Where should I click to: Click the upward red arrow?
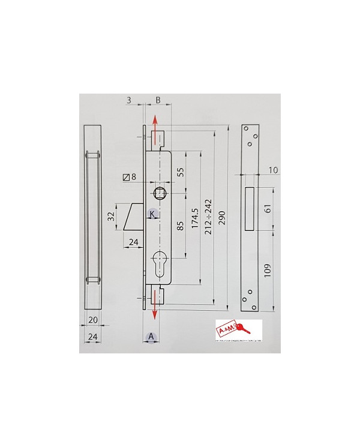[155, 128]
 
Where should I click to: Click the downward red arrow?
[155, 304]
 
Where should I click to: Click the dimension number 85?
[179, 227]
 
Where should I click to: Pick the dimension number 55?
[179, 172]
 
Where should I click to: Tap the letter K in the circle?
[152, 214]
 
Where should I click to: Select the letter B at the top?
[158, 100]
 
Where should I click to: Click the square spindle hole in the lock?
[161, 193]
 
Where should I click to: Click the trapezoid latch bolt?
[133, 217]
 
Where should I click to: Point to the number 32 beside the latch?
[110, 217]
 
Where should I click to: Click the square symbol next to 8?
[125, 177]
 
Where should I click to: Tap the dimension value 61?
[267, 208]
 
